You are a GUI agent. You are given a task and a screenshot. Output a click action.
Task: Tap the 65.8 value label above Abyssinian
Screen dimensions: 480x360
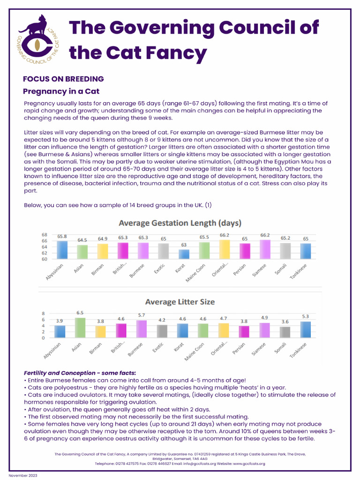pos(62,237)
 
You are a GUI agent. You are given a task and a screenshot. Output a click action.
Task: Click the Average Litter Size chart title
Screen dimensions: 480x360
pos(180,302)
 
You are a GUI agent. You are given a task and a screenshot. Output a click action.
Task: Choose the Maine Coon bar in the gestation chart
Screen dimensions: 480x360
pos(204,250)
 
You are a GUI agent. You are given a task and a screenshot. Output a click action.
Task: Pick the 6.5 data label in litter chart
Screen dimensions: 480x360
pos(80,313)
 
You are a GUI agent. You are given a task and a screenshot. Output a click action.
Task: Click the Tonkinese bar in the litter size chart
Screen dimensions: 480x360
pos(305,329)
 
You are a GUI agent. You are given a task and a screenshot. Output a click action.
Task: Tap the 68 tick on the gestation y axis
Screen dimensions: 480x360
pos(44,234)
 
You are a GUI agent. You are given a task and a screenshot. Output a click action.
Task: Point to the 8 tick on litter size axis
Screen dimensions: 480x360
pos(44,313)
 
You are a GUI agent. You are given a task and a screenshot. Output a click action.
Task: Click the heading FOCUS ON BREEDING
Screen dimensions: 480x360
pos(63,79)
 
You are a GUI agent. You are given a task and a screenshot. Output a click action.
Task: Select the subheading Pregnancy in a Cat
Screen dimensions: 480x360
pos(61,91)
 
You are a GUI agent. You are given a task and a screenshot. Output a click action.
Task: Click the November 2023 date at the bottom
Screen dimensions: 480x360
pos(23,475)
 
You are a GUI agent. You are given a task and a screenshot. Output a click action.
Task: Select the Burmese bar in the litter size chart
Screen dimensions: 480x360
pos(141,329)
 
